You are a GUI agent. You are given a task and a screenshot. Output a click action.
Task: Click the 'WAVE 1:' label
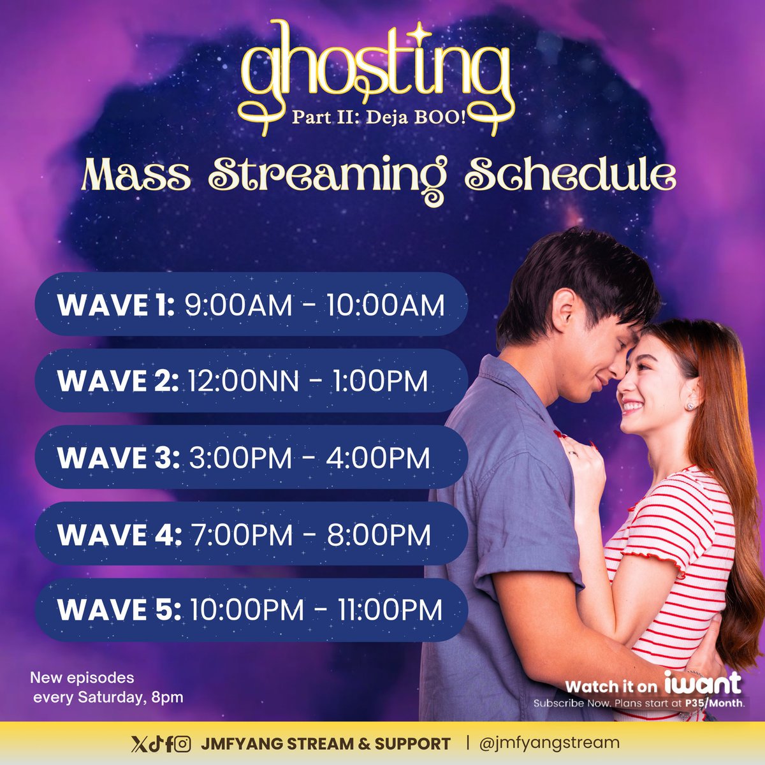[x=115, y=305]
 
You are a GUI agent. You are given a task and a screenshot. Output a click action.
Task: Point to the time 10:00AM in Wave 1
[x=385, y=305]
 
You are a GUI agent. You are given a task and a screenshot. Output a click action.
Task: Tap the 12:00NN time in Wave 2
[x=243, y=382]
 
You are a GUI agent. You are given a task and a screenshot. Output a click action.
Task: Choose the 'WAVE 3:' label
[x=119, y=458]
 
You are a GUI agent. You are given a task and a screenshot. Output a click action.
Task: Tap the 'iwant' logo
[x=703, y=683]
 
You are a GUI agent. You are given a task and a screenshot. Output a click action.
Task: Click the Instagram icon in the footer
[x=183, y=743]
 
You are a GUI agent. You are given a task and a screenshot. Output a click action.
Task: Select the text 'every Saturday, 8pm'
[x=108, y=697]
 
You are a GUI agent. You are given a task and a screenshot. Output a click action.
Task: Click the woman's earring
[x=690, y=405]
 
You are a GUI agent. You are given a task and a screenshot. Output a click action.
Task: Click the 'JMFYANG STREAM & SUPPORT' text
[x=325, y=743]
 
